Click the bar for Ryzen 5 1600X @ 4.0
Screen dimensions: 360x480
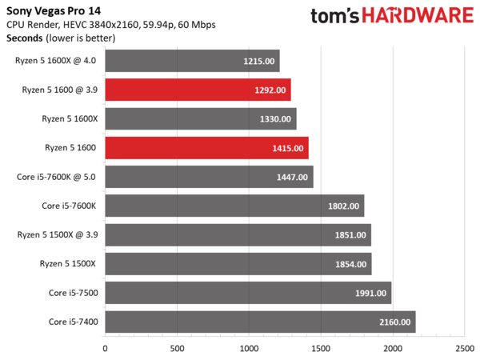192,61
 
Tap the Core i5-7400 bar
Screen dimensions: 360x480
260,322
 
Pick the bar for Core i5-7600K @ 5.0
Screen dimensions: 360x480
209,177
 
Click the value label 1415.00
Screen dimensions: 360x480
288,148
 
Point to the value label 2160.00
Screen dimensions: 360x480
395,322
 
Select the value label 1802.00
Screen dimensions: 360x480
344,206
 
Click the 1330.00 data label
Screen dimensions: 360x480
276,119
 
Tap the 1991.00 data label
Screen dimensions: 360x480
370,294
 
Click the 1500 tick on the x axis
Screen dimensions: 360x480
321,349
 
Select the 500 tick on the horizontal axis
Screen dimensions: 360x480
177,349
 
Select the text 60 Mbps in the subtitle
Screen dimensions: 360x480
196,24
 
